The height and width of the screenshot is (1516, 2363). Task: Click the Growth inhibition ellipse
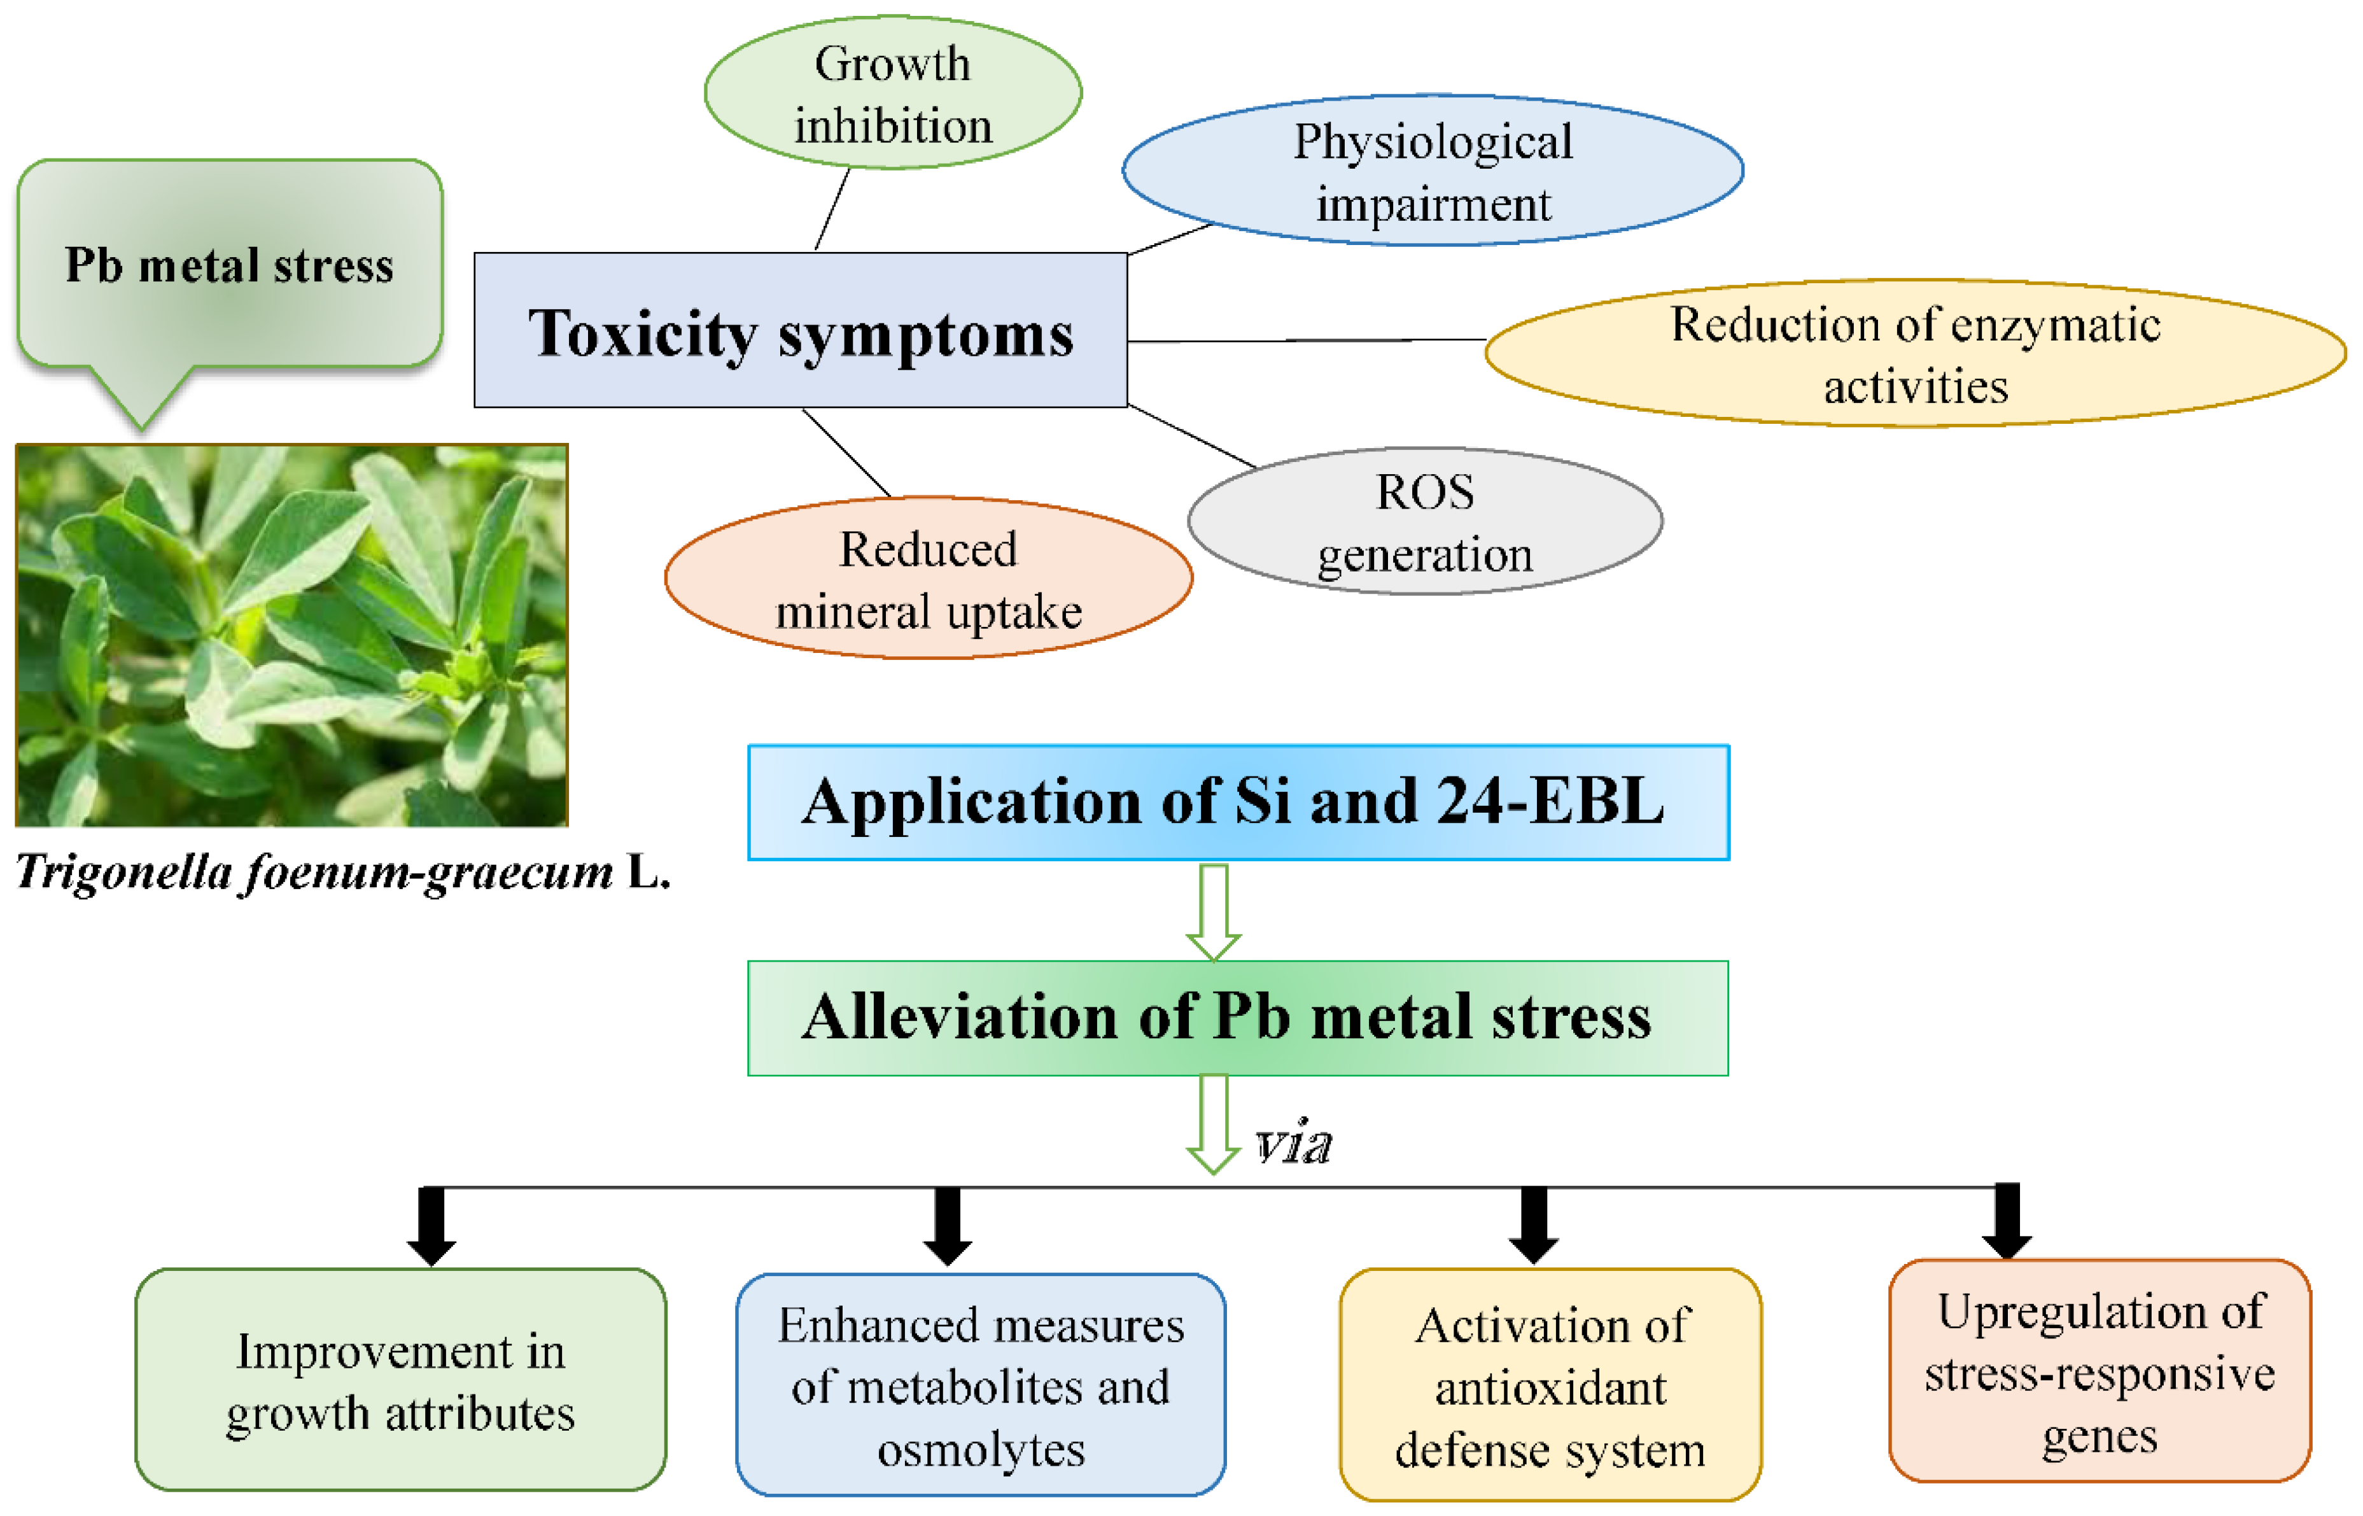click(893, 92)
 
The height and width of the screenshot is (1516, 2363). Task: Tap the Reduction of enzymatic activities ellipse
click(1915, 353)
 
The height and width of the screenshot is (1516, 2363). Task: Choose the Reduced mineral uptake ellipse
click(929, 578)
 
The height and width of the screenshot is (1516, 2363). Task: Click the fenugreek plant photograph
click(291, 635)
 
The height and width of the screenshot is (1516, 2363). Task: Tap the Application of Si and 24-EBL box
click(1238, 803)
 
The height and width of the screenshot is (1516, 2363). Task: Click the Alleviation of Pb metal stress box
click(1237, 1018)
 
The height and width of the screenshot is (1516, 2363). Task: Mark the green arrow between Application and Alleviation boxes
click(1214, 911)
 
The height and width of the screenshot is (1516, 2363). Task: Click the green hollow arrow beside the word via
click(1214, 1124)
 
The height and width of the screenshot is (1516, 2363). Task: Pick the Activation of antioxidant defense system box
click(1550, 1385)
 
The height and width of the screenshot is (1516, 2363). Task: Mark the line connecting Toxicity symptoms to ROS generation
click(1192, 435)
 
